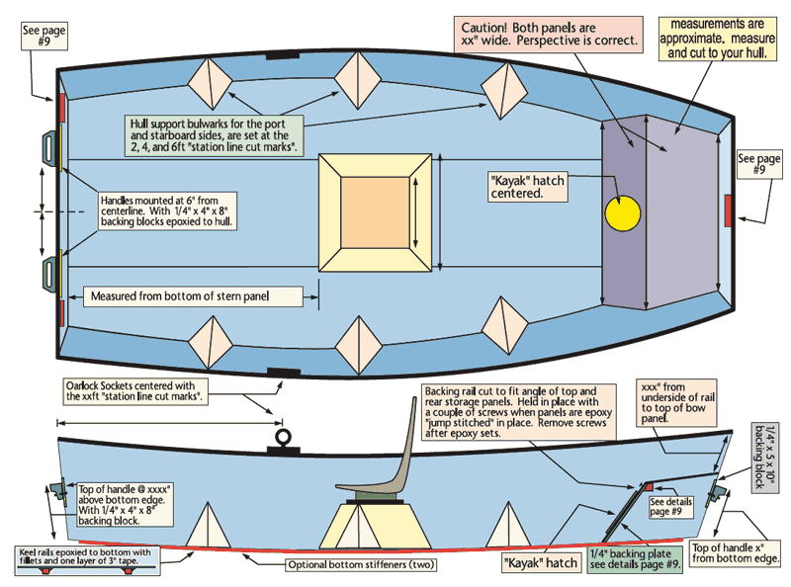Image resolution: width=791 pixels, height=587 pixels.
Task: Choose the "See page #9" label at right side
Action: pos(759,163)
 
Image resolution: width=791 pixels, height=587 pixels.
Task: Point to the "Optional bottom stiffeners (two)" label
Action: pos(358,565)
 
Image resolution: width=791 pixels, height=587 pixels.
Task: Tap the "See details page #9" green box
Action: pos(672,507)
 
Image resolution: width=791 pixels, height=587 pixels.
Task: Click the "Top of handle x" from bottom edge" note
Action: pos(737,552)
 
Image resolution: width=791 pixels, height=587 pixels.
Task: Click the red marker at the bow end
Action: pos(729,210)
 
